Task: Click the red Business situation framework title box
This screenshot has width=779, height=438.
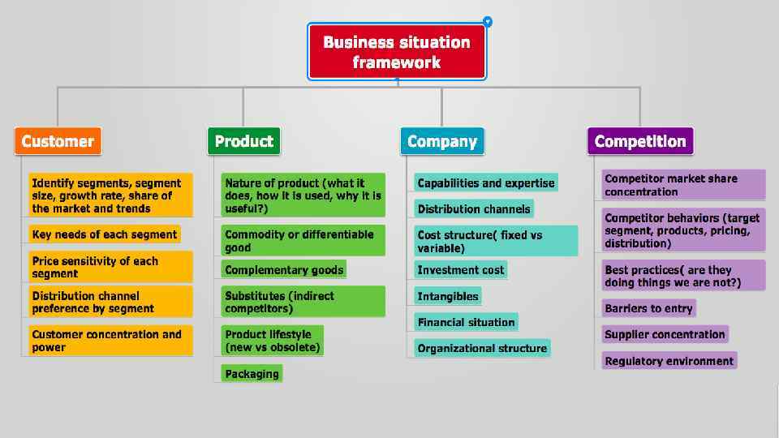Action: pos(397,52)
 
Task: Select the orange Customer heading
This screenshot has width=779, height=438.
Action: pos(58,141)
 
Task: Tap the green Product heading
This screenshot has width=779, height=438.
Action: pos(243,141)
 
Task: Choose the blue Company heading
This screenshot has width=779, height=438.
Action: pos(441,141)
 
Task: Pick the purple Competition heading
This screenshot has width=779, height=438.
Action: pos(640,141)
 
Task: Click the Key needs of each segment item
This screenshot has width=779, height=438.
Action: pos(105,234)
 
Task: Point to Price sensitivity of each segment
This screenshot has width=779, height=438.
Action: pos(110,267)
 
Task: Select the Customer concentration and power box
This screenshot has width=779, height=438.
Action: pos(110,341)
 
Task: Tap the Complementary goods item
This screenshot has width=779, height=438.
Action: pos(284,270)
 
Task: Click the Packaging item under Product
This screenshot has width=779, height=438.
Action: pos(252,374)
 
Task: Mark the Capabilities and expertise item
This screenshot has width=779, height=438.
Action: pos(486,183)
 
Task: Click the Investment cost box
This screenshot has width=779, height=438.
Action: pos(461,270)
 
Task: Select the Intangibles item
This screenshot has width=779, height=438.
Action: pos(448,296)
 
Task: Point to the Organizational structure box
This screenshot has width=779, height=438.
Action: pos(482,348)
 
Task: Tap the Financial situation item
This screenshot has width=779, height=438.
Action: pos(466,322)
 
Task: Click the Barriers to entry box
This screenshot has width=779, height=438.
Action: pos(648,308)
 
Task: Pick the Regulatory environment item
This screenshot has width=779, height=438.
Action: pos(669,361)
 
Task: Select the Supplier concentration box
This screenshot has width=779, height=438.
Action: pos(665,334)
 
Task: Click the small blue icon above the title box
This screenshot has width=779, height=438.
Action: pos(487,22)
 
